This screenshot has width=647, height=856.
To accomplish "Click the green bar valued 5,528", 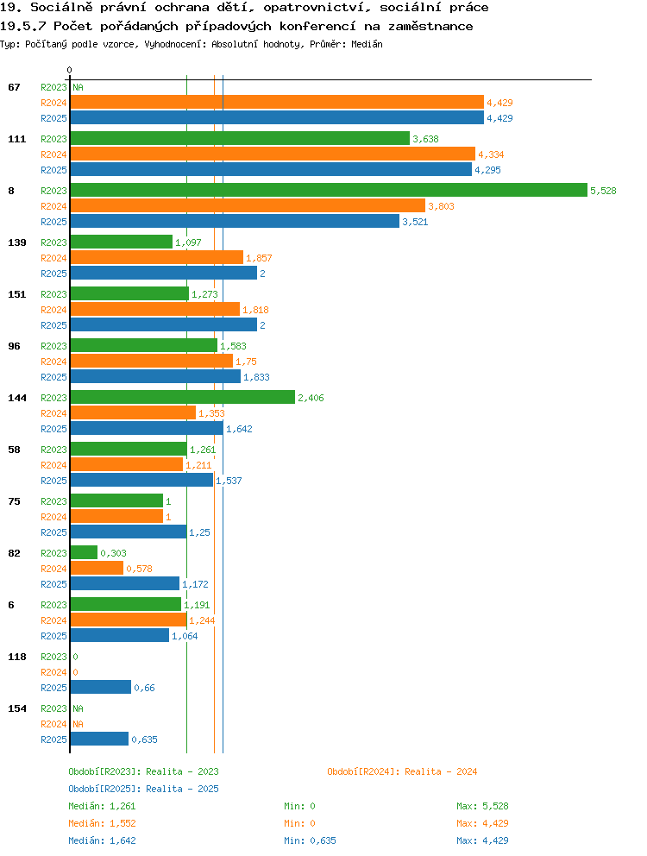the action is click(329, 190).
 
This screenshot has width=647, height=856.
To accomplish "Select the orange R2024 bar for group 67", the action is click(277, 102).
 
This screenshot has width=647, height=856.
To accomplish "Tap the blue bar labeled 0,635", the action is click(99, 739).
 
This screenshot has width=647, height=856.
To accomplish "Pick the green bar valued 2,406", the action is click(182, 397).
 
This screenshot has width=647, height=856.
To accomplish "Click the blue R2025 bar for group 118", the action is click(100, 687).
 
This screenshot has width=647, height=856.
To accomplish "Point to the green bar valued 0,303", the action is click(84, 552).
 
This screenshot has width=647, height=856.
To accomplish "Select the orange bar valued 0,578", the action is click(97, 568).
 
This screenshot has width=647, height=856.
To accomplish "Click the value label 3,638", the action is click(425, 139).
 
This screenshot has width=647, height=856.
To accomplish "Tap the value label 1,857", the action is click(259, 258).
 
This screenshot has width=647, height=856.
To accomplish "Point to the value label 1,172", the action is click(195, 584).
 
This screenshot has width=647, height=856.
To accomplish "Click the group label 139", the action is click(17, 242).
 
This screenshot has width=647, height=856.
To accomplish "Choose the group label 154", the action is click(17, 708).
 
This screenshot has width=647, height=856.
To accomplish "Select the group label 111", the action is click(17, 139).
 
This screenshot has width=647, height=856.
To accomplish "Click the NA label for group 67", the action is click(79, 87).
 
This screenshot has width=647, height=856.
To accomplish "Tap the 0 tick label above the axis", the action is click(69, 70).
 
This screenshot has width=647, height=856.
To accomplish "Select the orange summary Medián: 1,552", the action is click(102, 823).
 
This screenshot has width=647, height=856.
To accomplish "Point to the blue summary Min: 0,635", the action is click(310, 840).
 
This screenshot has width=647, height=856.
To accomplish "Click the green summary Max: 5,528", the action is click(482, 806).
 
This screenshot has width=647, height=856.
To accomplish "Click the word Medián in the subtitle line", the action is click(367, 44).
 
